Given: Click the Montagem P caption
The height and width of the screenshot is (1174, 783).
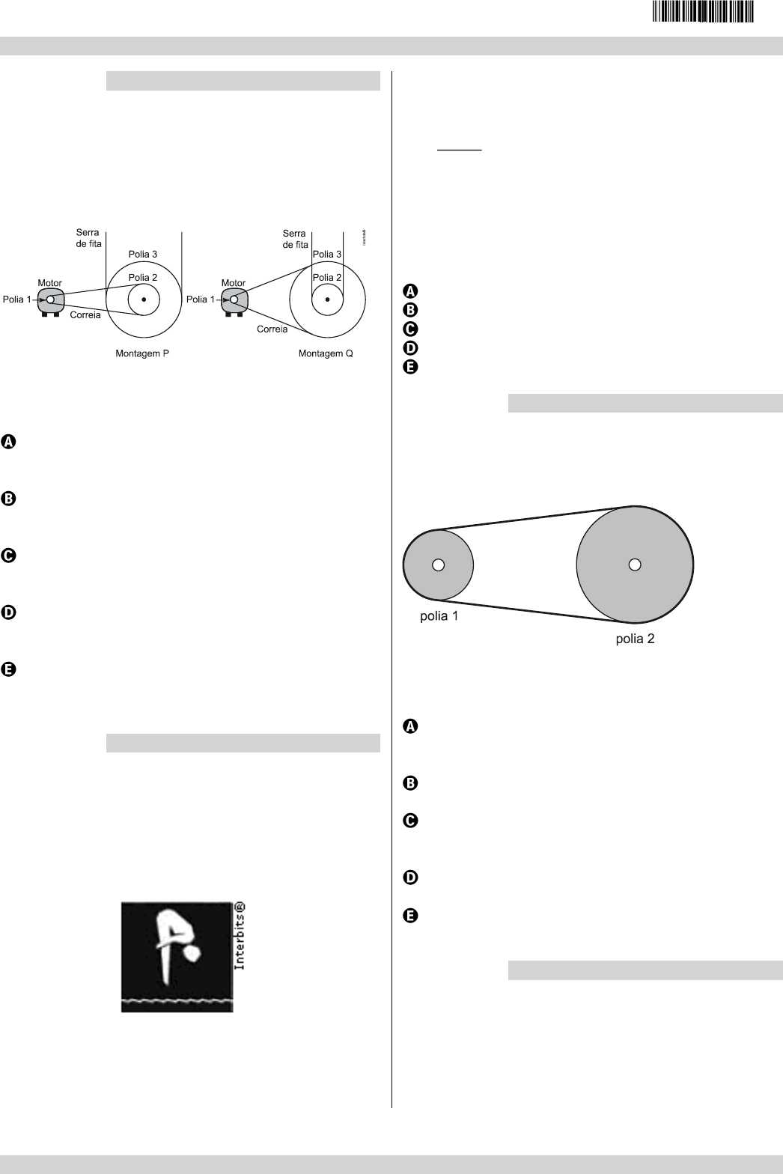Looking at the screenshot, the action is (142, 353).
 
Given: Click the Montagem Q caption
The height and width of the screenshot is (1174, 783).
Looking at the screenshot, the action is (326, 353).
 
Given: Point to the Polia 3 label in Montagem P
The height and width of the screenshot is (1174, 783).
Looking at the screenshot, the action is (142, 255).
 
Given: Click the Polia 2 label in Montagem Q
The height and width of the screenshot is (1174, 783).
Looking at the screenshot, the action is (327, 278).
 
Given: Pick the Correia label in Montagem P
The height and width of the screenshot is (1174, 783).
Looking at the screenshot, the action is (85, 315).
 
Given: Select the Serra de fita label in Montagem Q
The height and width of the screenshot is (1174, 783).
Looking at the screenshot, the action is (295, 239).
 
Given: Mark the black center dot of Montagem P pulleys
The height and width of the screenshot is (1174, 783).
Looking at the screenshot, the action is (144, 299).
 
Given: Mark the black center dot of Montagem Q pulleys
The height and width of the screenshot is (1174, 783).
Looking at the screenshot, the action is (327, 299).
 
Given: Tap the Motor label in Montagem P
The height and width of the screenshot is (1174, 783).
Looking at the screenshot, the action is (49, 283).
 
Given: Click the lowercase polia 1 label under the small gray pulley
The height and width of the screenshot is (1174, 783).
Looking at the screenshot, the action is (439, 618).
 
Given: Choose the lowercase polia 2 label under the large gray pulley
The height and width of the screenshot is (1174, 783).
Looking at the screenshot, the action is (635, 639).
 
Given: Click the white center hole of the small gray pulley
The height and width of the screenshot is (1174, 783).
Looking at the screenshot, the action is (439, 565).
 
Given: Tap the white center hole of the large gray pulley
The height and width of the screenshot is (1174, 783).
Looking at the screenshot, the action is (635, 565).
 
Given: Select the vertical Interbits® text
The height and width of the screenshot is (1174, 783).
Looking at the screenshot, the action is (240, 936).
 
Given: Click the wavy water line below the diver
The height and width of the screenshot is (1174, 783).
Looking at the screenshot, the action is (177, 1000).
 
